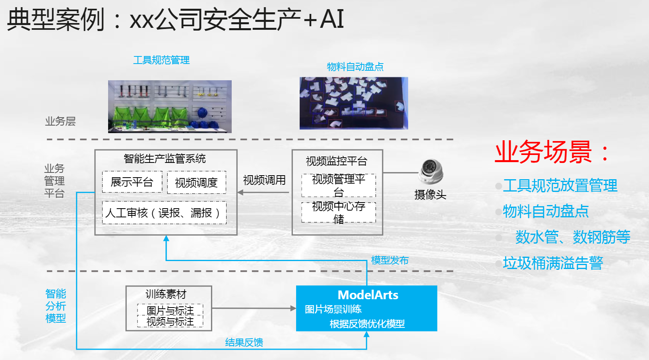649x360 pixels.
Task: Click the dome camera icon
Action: tap(431, 172)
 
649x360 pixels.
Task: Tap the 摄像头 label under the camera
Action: tap(430, 195)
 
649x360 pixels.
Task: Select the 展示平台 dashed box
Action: tap(132, 182)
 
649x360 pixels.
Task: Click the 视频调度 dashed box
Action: tap(196, 183)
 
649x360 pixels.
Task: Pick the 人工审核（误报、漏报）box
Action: tap(164, 213)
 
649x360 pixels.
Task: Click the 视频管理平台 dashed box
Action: tap(339, 185)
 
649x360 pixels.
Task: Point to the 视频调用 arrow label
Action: tap(264, 180)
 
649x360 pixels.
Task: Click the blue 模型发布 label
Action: tap(389, 260)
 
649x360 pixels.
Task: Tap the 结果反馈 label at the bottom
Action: tap(244, 343)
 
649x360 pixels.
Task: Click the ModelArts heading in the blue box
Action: tap(368, 295)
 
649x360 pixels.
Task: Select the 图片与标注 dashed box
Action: tap(170, 310)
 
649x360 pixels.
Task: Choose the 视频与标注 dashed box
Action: tap(170, 321)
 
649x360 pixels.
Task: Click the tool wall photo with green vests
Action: tap(170, 106)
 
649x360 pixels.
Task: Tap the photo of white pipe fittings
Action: tap(354, 103)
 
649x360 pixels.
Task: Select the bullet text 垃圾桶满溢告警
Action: tap(553, 263)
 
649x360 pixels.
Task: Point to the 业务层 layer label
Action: tap(60, 121)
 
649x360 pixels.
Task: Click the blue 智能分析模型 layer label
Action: tap(56, 306)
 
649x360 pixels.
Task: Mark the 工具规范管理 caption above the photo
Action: tap(161, 60)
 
